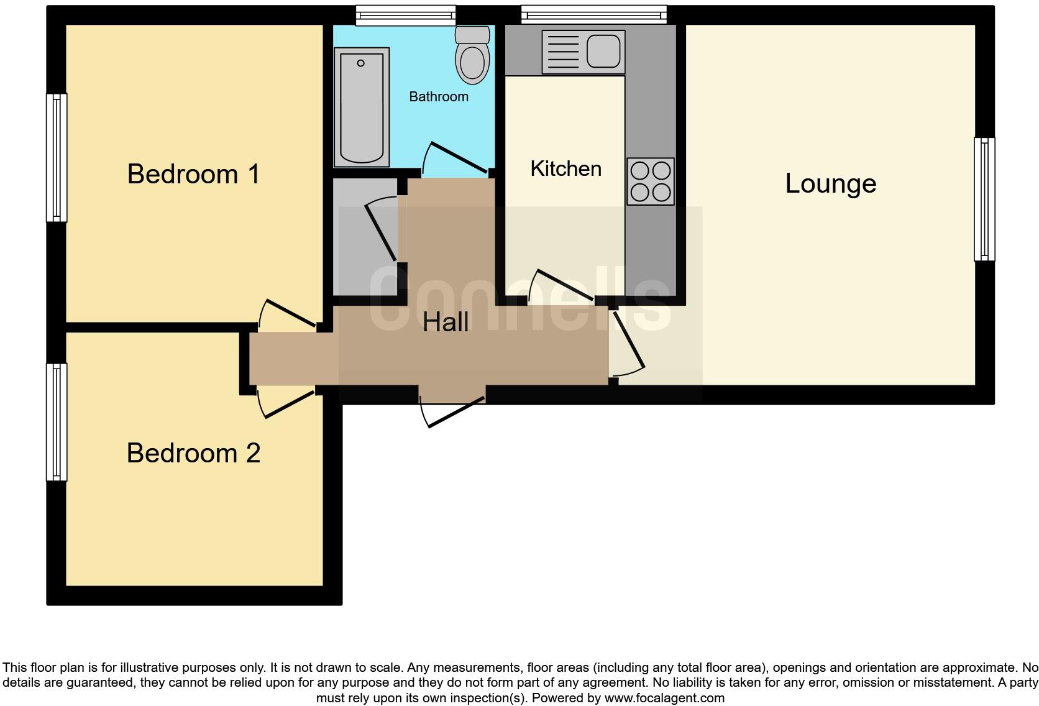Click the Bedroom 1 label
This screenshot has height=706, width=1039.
(193, 174)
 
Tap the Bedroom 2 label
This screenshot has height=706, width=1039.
(193, 453)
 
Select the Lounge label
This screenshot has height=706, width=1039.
(830, 183)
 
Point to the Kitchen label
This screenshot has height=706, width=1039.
(565, 169)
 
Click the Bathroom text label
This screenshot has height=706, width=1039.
(438, 97)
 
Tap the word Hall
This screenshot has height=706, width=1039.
(446, 323)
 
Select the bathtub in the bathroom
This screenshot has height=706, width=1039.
(361, 108)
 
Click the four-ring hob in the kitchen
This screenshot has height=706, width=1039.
(650, 181)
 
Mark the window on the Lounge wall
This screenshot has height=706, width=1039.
(984, 199)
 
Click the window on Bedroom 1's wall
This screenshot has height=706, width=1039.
(57, 157)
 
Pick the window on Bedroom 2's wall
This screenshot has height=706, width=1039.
(57, 422)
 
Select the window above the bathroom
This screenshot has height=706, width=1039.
(405, 16)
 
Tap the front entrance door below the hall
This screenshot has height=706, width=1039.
(454, 411)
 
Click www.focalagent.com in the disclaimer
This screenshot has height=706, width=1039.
(664, 698)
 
